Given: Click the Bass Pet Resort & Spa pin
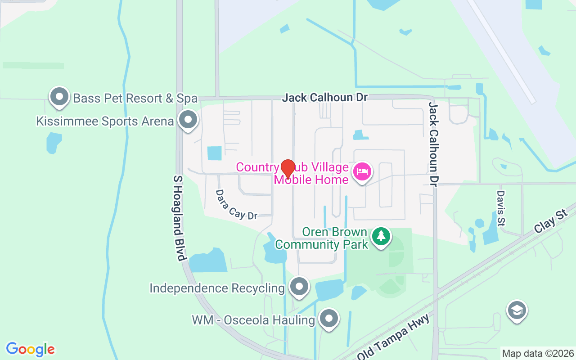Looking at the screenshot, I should (59, 97).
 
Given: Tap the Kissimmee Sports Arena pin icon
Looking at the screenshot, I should (188, 120).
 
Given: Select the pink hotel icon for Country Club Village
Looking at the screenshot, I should (362, 172).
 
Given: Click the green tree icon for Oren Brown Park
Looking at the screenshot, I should (381, 236).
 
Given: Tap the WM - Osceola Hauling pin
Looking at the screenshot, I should (329, 318).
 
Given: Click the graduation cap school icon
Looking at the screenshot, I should (517, 310).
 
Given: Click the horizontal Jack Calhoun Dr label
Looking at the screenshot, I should (324, 97).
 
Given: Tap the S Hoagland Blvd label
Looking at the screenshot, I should (179, 218).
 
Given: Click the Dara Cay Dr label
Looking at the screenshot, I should (236, 205).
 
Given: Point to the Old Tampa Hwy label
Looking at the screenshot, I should (396, 337).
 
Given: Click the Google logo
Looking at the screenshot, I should (30, 349).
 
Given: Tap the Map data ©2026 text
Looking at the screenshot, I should (538, 353).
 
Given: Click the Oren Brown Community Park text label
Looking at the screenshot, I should (322, 238).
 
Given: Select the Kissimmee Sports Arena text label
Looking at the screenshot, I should (105, 121).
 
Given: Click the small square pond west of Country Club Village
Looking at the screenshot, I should (214, 153).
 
